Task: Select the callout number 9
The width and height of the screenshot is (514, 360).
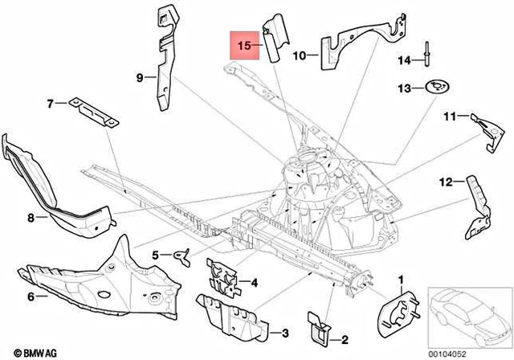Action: [139, 77]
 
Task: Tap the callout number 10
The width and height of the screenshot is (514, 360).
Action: [299, 56]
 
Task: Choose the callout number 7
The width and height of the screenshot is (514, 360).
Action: [50, 104]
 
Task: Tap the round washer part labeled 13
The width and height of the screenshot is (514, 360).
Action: [437, 85]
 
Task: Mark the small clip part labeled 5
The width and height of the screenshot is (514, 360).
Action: [182, 256]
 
